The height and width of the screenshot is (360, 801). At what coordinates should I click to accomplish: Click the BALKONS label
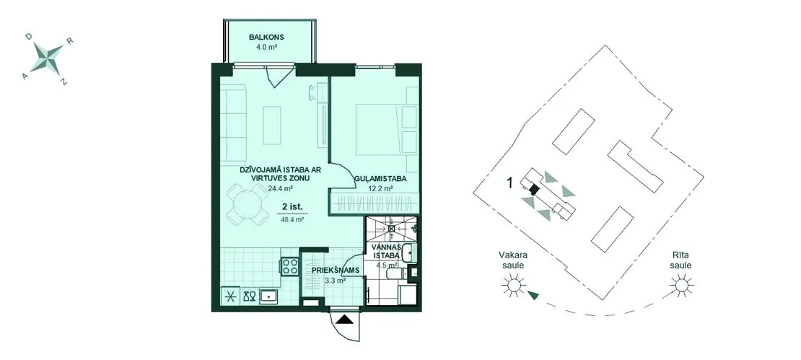pyautogui.click(x=266, y=38)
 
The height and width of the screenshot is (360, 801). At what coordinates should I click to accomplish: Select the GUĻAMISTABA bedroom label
pyautogui.click(x=380, y=179)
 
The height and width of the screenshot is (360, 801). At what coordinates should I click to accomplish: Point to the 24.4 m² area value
pyautogui.click(x=280, y=188)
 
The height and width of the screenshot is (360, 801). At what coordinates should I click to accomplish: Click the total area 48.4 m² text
pyautogui.click(x=293, y=219)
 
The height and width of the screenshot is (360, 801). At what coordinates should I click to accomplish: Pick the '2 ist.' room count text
pyautogui.click(x=293, y=207)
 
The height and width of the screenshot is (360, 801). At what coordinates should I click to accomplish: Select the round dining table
pyautogui.click(x=247, y=205)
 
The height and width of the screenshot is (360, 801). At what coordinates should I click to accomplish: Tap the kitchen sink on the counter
pyautogui.click(x=268, y=296)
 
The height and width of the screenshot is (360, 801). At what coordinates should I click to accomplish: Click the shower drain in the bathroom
pyautogui.click(x=391, y=229)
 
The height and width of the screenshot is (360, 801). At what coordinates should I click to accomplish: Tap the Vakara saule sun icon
pyautogui.click(x=513, y=285)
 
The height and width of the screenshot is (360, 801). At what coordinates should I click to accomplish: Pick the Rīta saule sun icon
pyautogui.click(x=681, y=284)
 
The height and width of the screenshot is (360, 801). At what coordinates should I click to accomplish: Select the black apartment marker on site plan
pyautogui.click(x=534, y=190)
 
